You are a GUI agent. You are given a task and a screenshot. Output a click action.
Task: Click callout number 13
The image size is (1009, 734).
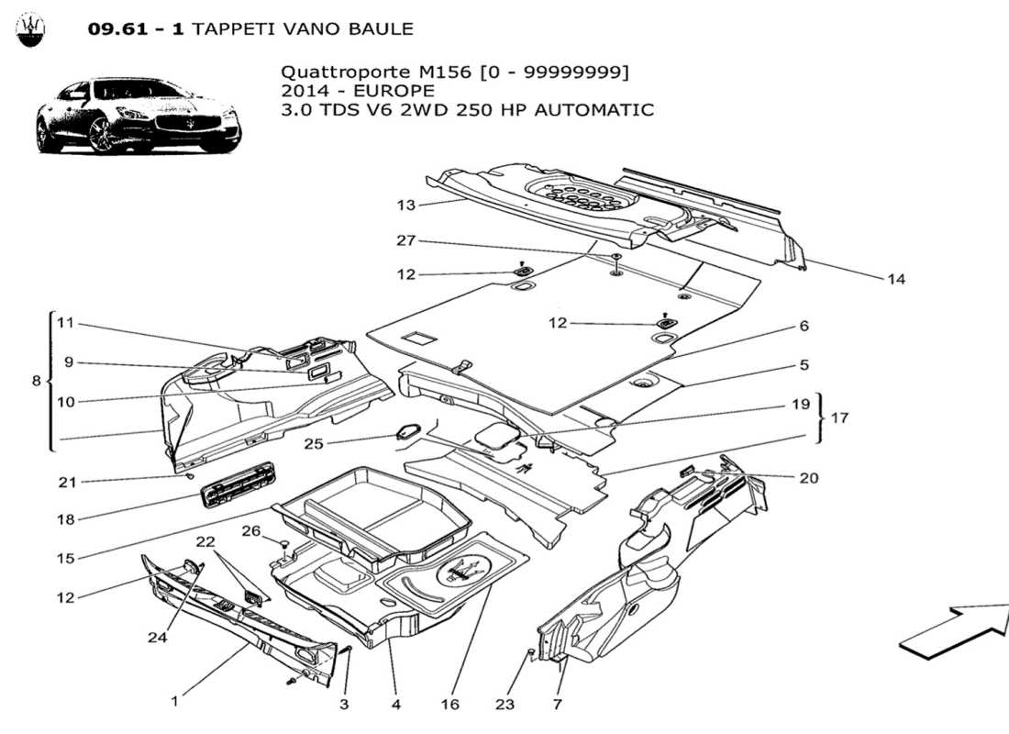click(405, 204)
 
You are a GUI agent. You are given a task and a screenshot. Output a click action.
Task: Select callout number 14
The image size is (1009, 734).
click(896, 279)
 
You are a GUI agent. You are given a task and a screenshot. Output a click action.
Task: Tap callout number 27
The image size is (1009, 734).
click(405, 240)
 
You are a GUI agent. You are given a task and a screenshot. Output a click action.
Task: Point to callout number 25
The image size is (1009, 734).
click(315, 444)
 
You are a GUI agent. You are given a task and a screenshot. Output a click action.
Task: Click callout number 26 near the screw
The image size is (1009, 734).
click(251, 530)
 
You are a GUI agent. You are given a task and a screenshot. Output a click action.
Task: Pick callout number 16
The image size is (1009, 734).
click(449, 705)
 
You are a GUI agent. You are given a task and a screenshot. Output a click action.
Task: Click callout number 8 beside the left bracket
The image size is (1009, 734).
click(37, 380)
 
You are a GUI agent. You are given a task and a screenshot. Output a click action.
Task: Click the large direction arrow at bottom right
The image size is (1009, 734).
click(954, 631)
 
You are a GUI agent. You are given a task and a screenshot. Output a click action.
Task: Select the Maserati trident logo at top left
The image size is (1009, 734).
click(31, 29)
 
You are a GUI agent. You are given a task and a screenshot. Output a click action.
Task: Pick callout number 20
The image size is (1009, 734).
click(808, 478)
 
